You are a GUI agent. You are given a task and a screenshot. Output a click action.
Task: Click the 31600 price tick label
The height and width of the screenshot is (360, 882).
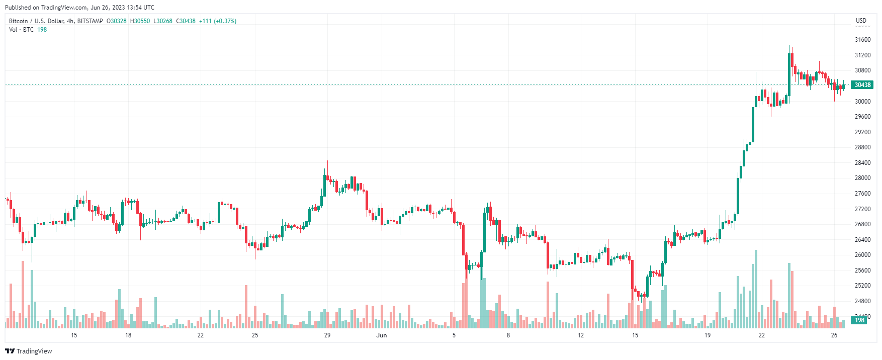862,40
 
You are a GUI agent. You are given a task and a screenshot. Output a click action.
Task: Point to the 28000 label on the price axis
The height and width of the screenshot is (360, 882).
862,178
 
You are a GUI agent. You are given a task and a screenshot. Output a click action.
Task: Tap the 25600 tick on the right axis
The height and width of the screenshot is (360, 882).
862,271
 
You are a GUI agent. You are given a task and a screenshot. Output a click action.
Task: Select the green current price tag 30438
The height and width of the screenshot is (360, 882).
862,85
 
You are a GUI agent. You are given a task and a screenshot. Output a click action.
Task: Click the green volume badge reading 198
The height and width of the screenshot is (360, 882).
859,320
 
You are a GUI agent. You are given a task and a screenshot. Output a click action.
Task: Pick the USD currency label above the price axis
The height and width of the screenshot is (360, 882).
861,21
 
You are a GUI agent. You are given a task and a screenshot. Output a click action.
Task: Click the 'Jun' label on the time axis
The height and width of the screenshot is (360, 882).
382,335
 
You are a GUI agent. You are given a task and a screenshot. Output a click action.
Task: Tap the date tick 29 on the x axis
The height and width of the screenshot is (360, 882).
327,335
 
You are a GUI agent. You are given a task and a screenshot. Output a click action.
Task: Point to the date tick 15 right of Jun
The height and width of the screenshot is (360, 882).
635,335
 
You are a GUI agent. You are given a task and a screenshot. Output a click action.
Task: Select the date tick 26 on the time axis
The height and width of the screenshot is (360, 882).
834,335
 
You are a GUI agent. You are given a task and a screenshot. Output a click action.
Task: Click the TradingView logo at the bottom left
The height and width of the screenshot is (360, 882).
29,351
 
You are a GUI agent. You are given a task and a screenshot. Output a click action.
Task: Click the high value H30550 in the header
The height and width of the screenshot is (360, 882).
140,21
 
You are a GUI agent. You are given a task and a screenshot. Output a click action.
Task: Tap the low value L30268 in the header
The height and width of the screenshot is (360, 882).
163,21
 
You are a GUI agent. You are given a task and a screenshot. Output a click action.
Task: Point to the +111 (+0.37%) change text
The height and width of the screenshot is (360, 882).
218,21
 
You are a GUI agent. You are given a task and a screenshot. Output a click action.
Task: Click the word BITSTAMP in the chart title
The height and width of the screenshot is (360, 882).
90,21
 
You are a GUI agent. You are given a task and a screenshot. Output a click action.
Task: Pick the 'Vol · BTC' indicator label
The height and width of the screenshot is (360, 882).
21,30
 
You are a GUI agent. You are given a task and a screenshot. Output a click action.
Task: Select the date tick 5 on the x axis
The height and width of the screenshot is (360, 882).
454,335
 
